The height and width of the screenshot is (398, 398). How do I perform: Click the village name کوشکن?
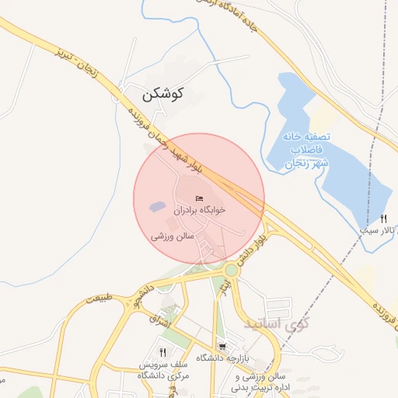point(162,94)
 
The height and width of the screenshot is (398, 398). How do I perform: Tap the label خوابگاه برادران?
point(200,210)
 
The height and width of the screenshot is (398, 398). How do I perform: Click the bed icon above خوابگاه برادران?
point(200,198)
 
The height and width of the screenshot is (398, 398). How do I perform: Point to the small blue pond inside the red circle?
point(157,208)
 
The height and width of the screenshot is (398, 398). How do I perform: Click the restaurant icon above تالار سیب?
point(383,218)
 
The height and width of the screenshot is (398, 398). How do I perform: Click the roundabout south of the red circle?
point(231,271)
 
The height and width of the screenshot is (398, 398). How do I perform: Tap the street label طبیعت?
point(100,298)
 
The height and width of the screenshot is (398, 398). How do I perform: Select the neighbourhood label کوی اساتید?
point(275,322)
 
